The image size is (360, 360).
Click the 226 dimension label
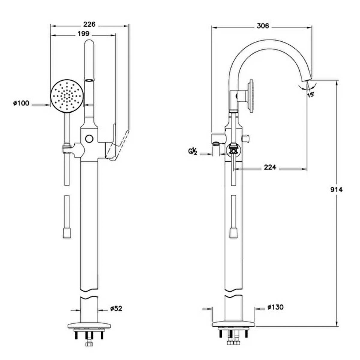(x=89, y=24)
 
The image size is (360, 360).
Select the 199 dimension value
(x=83, y=34)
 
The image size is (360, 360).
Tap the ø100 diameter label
(x=21, y=103)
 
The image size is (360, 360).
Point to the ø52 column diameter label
(x=116, y=308)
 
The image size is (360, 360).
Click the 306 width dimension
(x=263, y=26)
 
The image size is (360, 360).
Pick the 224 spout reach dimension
(x=270, y=167)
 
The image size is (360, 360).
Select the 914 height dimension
(x=337, y=190)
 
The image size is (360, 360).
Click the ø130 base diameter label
(x=275, y=307)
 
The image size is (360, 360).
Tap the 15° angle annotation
(x=310, y=95)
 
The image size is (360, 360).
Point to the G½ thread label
(x=193, y=151)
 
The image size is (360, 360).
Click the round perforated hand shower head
(x=67, y=96)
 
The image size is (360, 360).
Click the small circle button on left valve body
(x=89, y=139)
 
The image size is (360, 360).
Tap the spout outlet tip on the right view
(x=307, y=80)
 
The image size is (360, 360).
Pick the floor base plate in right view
(x=233, y=324)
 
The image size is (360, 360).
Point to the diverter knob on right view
(x=246, y=139)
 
